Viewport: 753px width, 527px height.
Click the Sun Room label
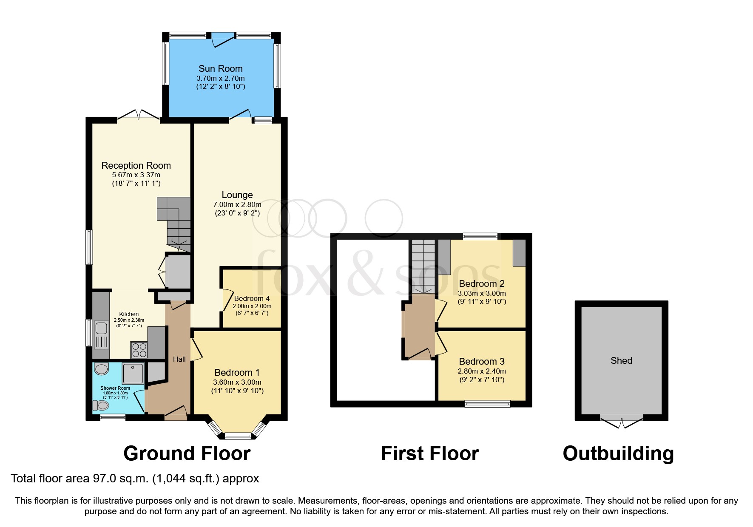tap(220, 68)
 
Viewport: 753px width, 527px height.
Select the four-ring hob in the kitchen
tap(139, 350)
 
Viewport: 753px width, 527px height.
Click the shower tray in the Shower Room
tap(133, 373)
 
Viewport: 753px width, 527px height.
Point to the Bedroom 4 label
tap(252, 298)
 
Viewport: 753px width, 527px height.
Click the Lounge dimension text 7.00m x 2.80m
tap(237, 204)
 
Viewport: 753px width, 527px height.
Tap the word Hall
tap(179, 359)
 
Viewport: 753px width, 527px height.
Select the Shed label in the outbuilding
tap(621, 360)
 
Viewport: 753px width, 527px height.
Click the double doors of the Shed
tap(621, 422)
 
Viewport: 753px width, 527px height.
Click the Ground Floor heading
tap(187, 453)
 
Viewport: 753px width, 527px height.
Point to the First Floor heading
tap(429, 453)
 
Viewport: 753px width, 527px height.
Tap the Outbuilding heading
tap(618, 453)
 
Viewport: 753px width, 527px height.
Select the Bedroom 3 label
tap(482, 361)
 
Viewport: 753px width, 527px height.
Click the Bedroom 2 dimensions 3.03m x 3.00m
tap(482, 293)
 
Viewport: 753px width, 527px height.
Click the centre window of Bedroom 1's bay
tap(238, 436)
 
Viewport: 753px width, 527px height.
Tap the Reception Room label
tap(136, 165)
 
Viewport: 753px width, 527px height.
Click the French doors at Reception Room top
tap(139, 115)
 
